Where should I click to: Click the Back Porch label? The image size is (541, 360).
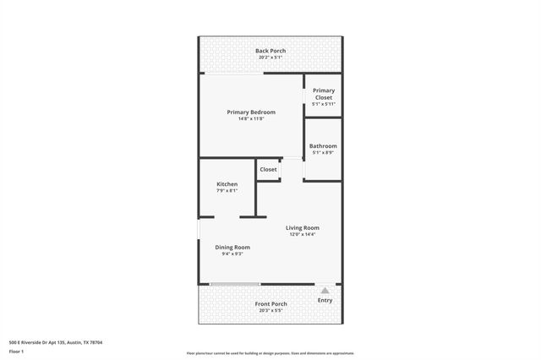click(270, 51)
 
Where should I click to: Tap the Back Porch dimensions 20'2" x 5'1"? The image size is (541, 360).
click(270, 57)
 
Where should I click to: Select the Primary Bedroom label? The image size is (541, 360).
click(251, 112)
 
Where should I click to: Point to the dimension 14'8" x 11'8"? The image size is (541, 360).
click(251, 118)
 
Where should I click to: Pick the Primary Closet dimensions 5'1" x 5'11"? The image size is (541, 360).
click(324, 104)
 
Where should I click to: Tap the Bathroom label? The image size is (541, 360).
click(323, 146)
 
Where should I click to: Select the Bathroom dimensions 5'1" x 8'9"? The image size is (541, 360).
click(323, 153)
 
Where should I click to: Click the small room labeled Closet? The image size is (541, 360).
click(268, 169)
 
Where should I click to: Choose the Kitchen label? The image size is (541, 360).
click(227, 183)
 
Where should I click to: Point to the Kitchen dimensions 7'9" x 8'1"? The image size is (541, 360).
click(227, 190)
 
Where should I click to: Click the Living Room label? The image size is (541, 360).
click(302, 227)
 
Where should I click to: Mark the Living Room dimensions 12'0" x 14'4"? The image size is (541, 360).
click(302, 234)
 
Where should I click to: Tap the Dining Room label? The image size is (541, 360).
click(232, 247)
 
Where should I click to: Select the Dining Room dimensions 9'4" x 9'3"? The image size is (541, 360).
click(232, 254)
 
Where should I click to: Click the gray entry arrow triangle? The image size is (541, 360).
click(325, 290)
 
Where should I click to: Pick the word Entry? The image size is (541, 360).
click(325, 300)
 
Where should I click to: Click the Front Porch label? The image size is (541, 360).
click(270, 303)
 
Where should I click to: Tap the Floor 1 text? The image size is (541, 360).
click(16, 351)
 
